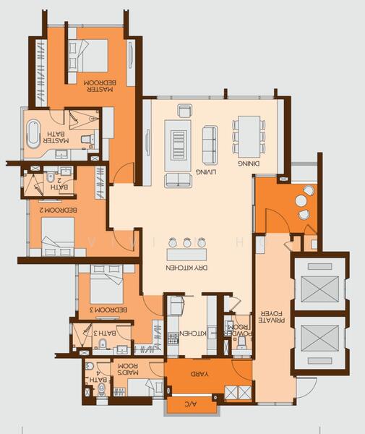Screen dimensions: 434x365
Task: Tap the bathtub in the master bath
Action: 33,135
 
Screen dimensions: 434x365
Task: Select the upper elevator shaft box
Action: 318,288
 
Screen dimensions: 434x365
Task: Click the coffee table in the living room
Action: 178,137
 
